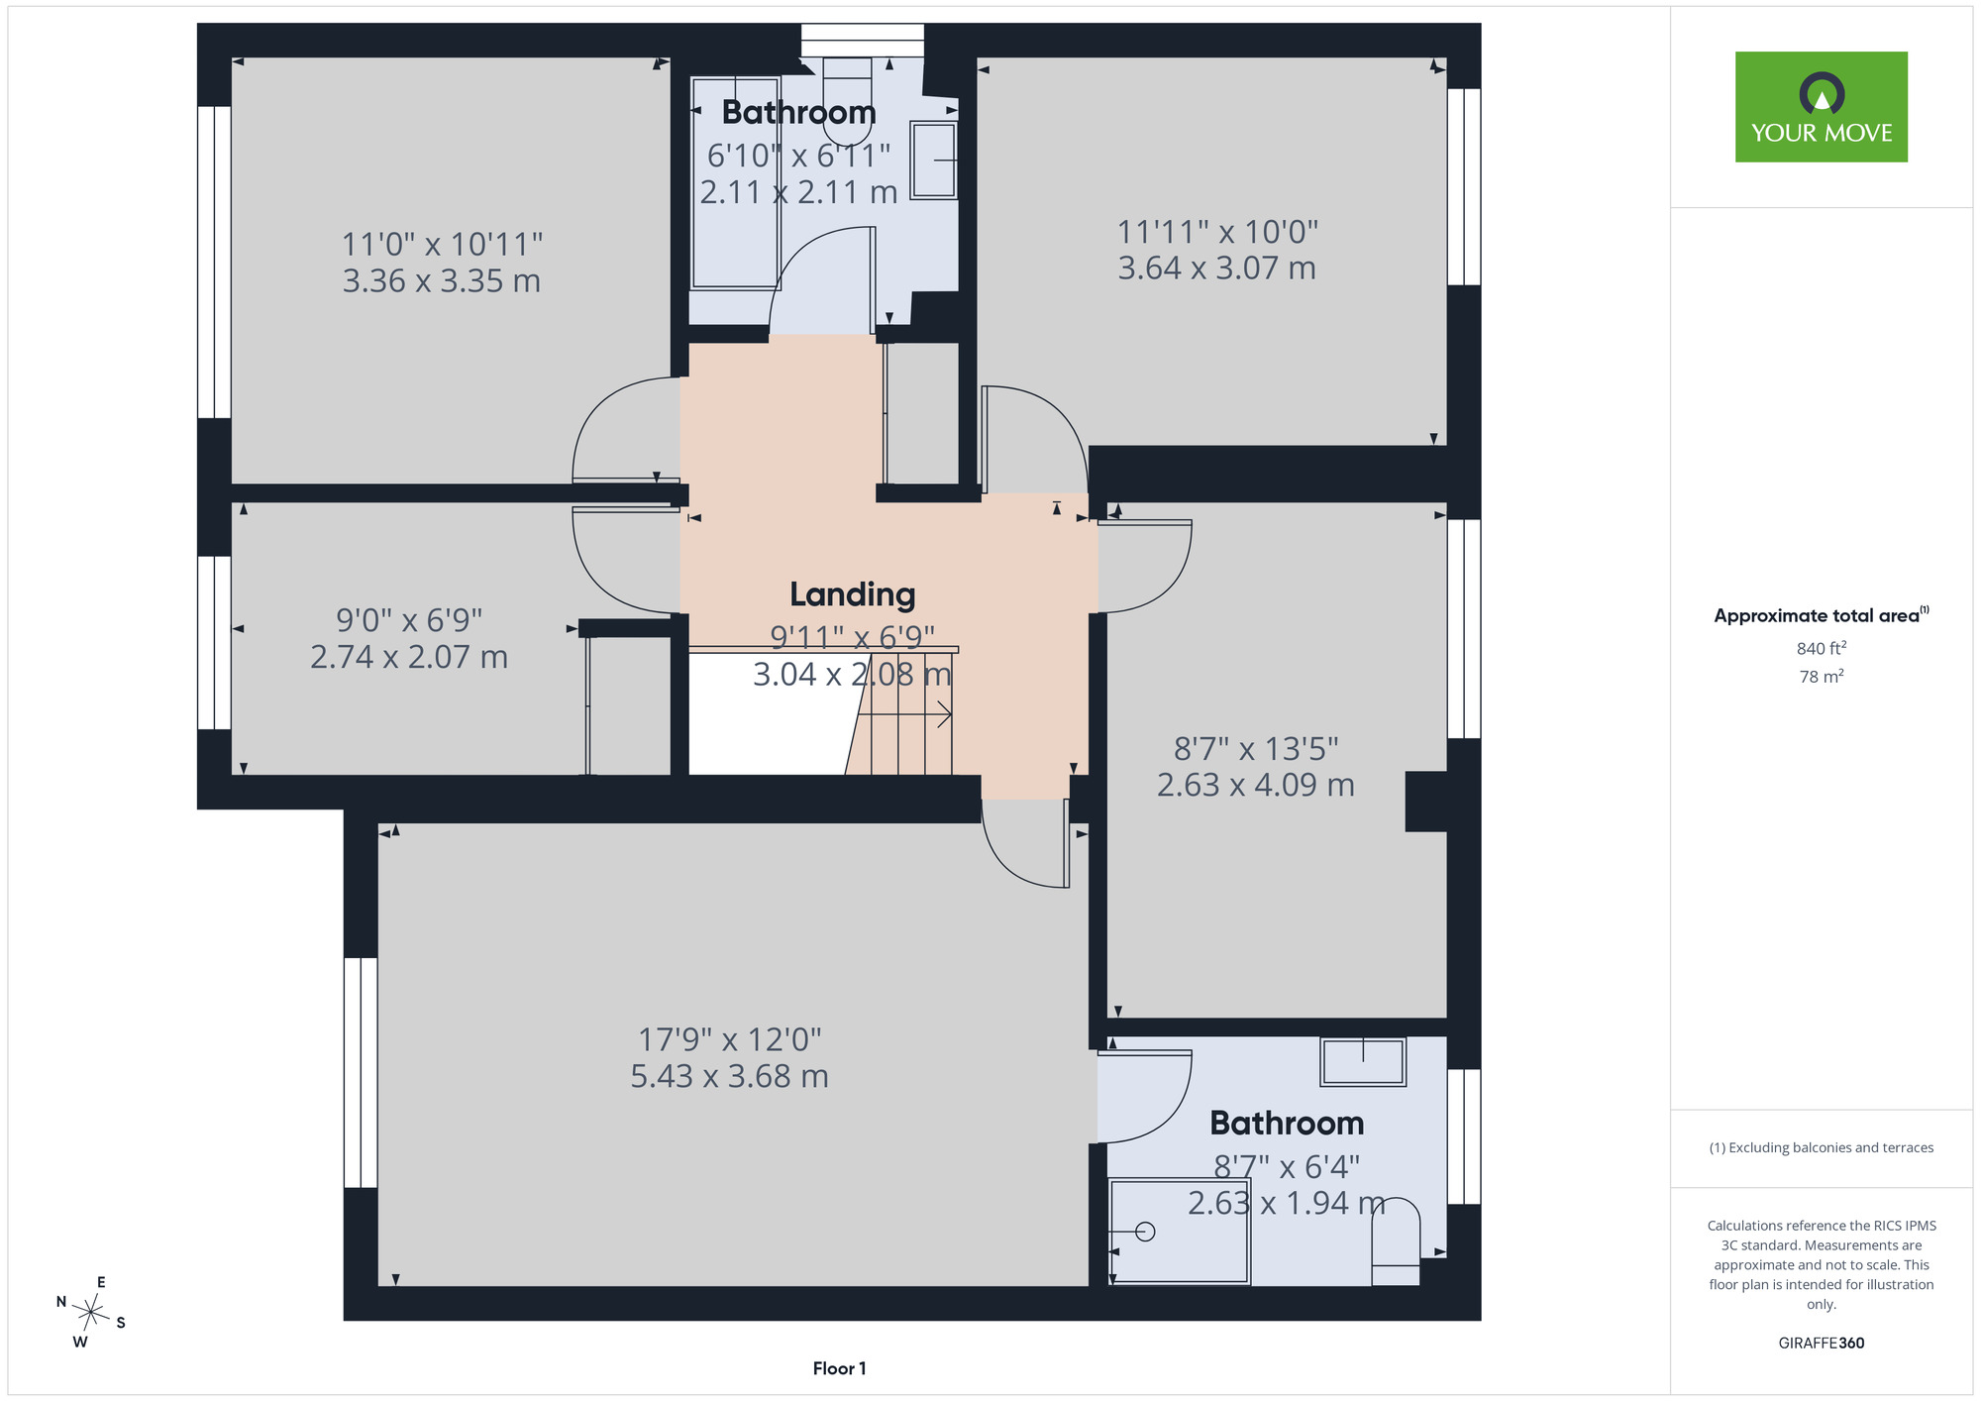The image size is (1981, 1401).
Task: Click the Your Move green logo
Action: point(1821,107)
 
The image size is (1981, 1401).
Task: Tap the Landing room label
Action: point(852,594)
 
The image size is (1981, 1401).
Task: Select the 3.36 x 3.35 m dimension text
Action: point(442,281)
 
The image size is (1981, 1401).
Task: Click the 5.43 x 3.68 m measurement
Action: point(730,1076)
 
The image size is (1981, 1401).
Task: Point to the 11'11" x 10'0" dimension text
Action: point(1217,232)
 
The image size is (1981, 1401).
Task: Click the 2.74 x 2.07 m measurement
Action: point(409,657)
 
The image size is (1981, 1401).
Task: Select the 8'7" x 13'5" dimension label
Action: point(1256,748)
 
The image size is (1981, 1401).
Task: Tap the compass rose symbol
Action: point(91,1314)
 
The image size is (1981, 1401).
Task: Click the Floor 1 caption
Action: point(839,1368)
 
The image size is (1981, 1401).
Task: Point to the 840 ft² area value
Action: point(1822,648)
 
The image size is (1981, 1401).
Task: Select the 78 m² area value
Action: point(1822,677)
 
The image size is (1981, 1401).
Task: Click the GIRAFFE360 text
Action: point(1822,1344)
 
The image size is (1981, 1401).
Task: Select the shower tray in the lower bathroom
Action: point(1180,1232)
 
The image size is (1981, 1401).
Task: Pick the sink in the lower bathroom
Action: point(1363,1061)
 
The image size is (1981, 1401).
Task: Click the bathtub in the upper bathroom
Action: point(735,183)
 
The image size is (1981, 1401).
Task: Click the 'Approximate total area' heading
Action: point(1822,615)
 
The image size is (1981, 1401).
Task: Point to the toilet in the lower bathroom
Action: point(1396,1242)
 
